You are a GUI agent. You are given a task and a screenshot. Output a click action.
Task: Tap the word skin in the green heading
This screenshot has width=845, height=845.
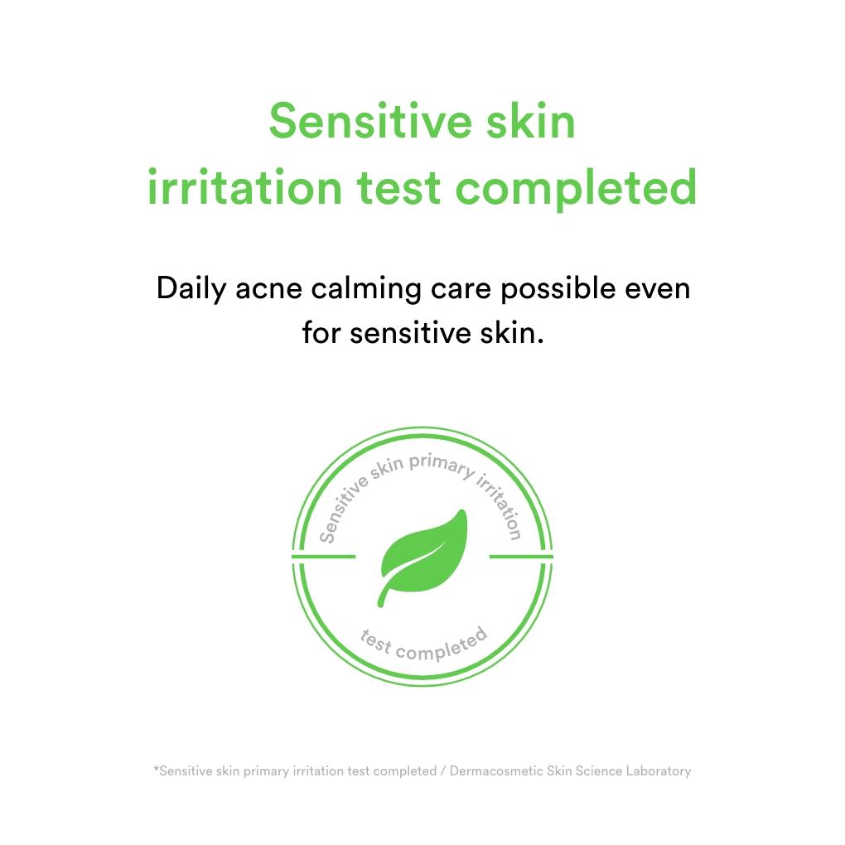point(531,121)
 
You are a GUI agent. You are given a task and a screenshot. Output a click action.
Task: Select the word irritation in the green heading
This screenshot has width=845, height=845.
point(244,187)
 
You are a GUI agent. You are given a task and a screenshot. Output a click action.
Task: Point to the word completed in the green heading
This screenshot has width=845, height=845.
point(577,189)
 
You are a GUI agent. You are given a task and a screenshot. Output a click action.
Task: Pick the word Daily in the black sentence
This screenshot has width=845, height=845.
point(191,289)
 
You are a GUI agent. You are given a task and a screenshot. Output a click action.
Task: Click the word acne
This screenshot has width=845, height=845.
point(268,290)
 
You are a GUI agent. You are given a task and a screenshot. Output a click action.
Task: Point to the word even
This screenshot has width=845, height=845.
point(658,291)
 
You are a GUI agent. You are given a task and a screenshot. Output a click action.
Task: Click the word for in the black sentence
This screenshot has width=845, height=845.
point(320,332)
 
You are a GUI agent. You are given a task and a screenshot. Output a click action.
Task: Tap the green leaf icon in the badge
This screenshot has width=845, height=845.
point(422,558)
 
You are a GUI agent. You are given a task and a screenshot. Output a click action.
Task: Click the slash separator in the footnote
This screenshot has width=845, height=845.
point(443,771)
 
